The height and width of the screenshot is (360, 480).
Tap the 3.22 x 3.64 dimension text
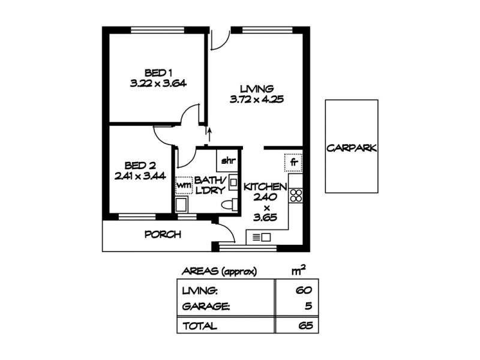158,84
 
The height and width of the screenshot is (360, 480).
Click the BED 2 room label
140,165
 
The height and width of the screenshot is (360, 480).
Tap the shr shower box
227,160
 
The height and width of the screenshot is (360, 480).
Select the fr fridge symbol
294,162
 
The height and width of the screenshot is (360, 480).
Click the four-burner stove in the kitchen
295,195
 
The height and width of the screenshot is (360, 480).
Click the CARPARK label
352,148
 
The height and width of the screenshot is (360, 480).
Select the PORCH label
163,235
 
